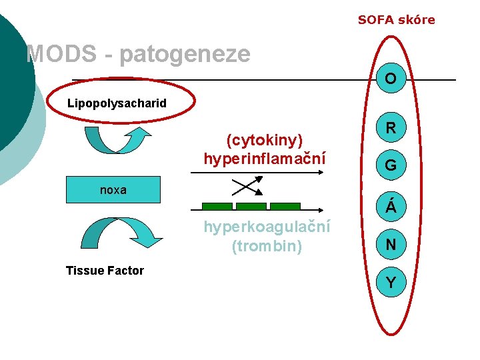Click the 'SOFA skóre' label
point(396,20)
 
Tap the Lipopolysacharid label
point(117,104)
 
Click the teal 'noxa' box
point(113,190)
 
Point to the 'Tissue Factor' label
point(105,270)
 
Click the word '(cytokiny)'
point(265,140)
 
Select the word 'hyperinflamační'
point(265,159)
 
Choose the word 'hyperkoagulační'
point(267,227)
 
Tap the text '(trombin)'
point(267,246)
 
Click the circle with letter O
point(391,79)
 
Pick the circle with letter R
point(391,127)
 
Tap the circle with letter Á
point(391,207)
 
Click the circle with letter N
point(391,245)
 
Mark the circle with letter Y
point(391,283)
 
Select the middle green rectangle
point(251,207)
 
